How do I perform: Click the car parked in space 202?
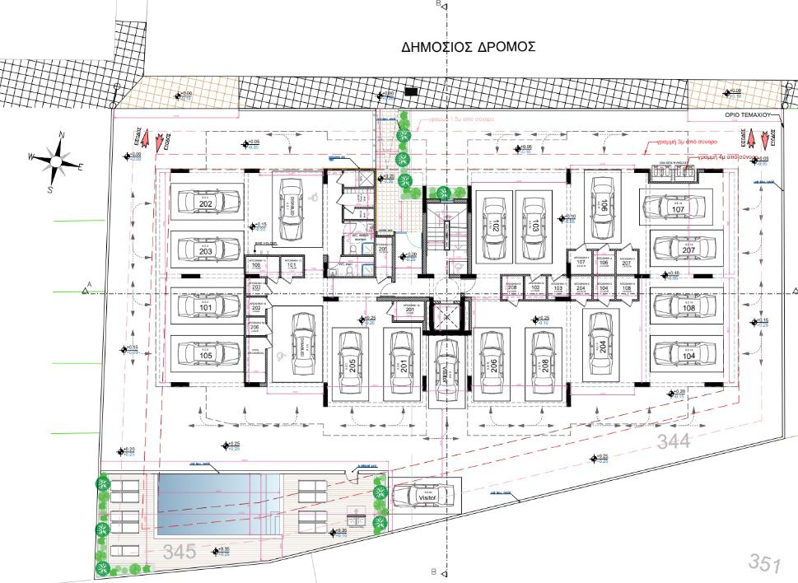(206, 202)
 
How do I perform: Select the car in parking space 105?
(206, 354)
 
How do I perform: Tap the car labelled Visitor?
(423, 496)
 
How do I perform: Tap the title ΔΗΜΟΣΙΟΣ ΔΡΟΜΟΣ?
(469, 46)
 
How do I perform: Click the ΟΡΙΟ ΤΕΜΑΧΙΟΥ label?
(746, 117)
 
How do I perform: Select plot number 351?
(763, 563)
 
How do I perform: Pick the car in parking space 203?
(206, 249)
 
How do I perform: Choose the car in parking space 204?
(603, 347)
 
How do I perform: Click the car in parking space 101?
(206, 306)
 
